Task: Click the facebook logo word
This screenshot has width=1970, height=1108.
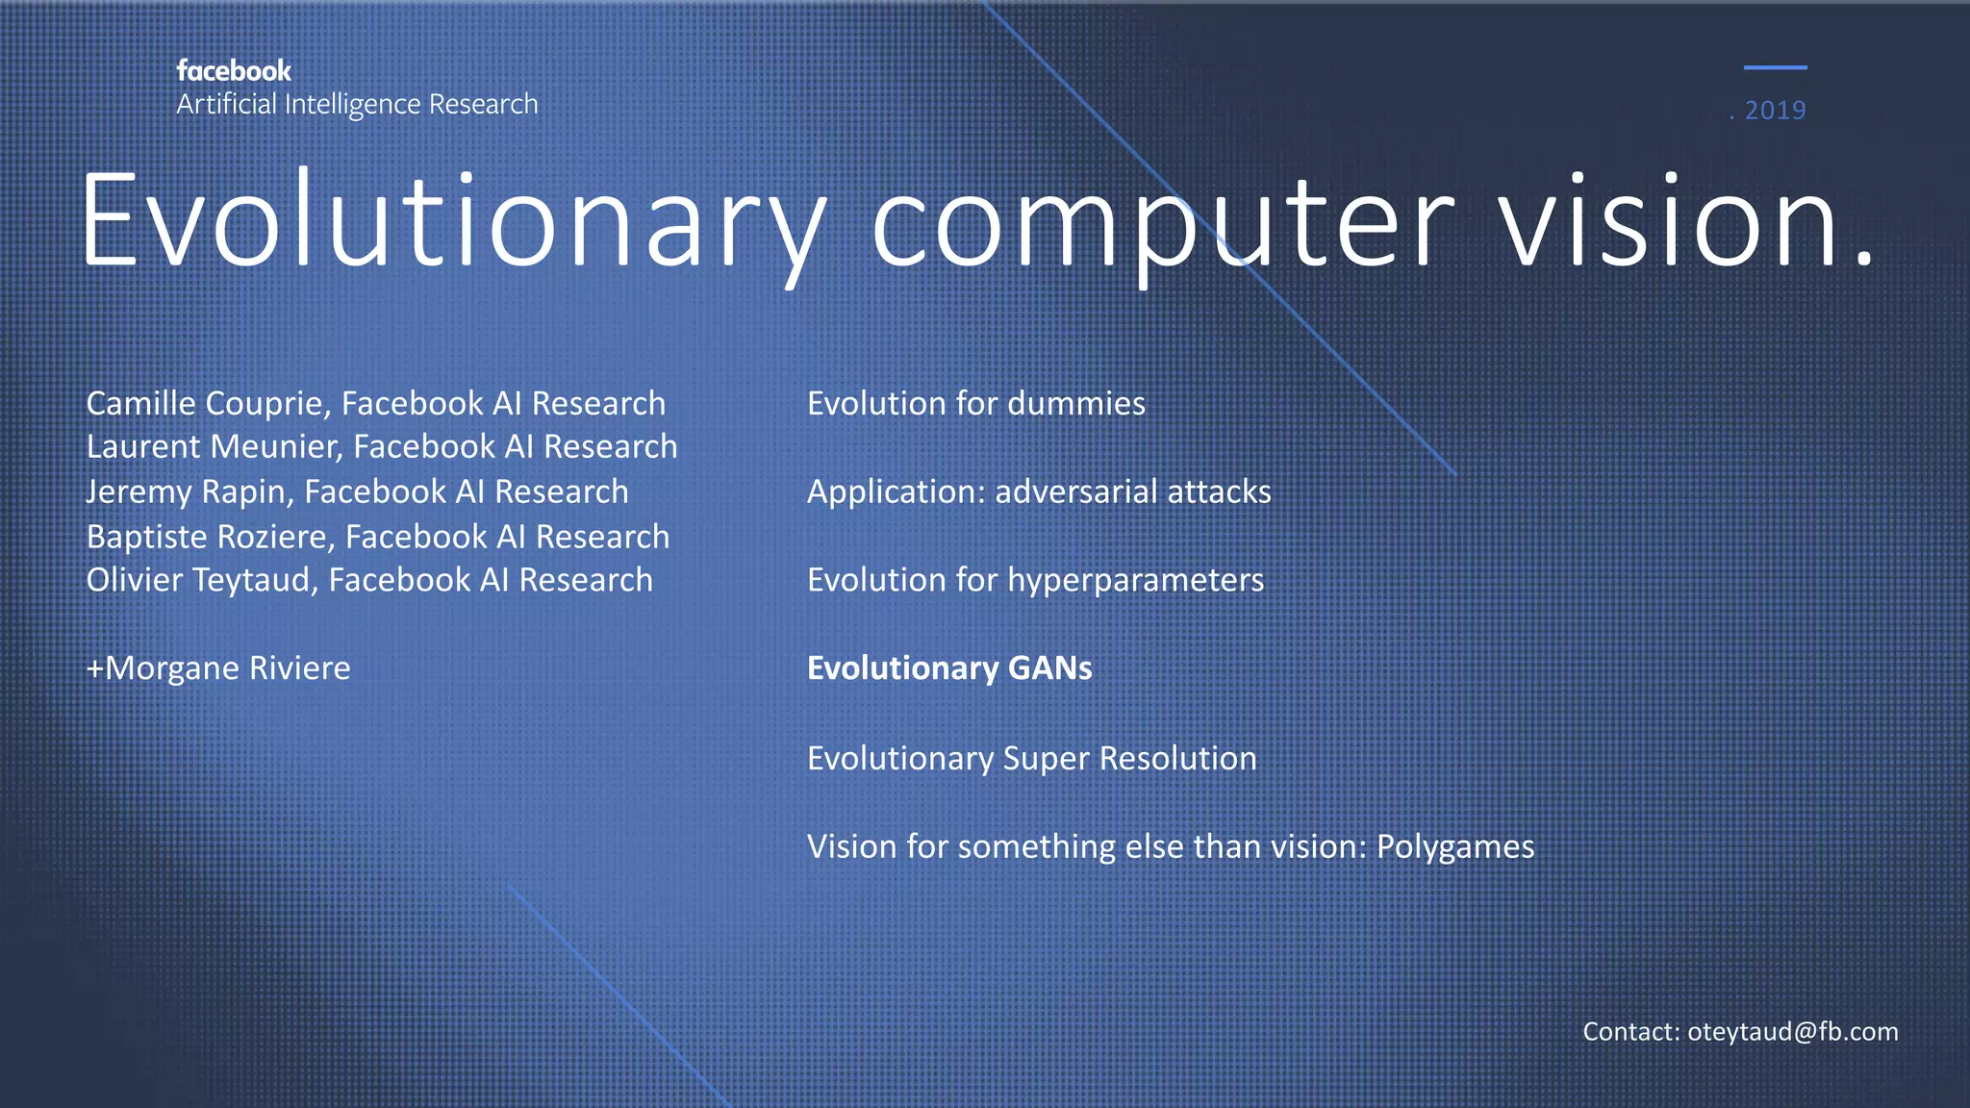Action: (234, 71)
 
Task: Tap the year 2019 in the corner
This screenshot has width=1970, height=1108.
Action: (1775, 111)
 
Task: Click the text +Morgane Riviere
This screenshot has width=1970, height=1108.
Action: (218, 668)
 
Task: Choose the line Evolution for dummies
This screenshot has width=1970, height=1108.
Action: (975, 404)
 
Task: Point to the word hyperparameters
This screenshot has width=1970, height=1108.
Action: (1135, 581)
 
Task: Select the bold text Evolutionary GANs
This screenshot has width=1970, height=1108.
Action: (949, 668)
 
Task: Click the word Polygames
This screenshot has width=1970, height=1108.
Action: (1455, 846)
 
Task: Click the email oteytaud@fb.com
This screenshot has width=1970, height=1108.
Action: (1792, 1032)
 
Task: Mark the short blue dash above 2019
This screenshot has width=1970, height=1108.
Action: (1775, 67)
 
